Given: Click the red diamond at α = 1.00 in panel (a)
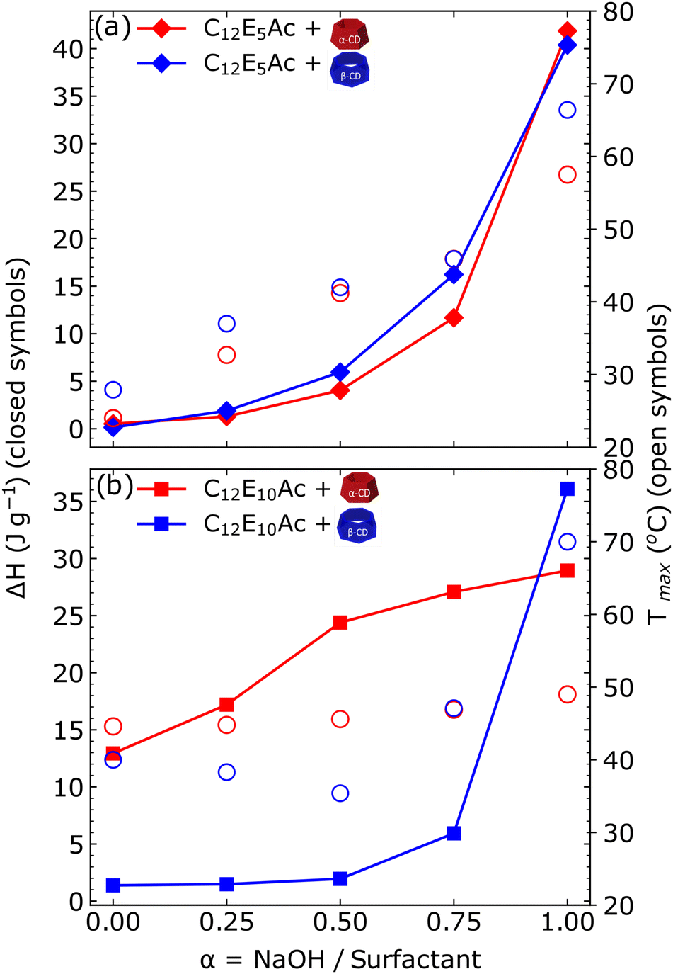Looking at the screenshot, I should pos(567,31).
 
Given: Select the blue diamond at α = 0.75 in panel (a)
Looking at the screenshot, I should pos(454,275).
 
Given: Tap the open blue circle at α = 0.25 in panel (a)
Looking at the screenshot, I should pos(226,324).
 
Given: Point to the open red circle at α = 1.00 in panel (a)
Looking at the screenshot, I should pos(567,174).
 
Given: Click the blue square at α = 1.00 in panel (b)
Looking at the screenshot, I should pos(567,489).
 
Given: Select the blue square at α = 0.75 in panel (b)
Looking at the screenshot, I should pos(454,833).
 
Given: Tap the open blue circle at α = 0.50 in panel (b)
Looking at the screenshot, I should pos(340,793).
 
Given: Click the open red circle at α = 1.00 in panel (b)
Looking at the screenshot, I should pos(567,694).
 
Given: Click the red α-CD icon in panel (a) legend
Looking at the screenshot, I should pos(350,34).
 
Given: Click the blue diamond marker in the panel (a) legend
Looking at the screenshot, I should pos(162,64).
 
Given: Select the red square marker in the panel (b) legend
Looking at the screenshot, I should pos(162,489).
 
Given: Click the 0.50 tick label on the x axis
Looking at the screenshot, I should pos(340,922).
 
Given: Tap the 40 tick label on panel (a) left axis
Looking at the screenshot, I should pos(67,49).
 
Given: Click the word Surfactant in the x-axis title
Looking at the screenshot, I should pos(415,959).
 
